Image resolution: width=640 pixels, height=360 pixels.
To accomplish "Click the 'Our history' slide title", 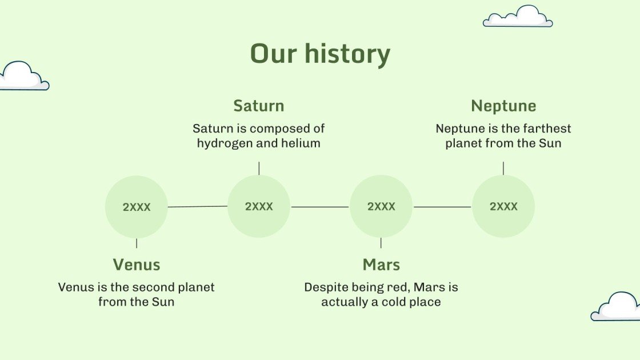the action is pyautogui.click(x=320, y=54).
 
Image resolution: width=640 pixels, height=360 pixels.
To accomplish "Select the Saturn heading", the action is pyautogui.click(x=259, y=106).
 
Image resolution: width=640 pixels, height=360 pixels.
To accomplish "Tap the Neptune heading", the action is pyautogui.click(x=503, y=106).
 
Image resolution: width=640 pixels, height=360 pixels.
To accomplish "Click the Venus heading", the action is pyautogui.click(x=137, y=265).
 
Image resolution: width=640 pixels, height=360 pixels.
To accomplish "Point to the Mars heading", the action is pyautogui.click(x=381, y=265).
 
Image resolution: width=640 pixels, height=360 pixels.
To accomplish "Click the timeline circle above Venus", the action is pyautogui.click(x=137, y=207).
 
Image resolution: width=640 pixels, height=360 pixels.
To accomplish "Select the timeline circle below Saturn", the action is pyautogui.click(x=259, y=206).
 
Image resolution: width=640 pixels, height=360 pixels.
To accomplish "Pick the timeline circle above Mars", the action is pyautogui.click(x=381, y=206).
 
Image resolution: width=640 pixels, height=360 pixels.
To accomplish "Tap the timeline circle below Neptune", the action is pyautogui.click(x=503, y=206).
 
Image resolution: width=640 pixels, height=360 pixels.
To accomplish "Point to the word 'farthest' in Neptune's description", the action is pyautogui.click(x=547, y=129).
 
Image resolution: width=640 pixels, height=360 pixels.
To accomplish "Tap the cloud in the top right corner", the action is pyautogui.click(x=518, y=17).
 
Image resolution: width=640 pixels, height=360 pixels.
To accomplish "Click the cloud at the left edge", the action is pyautogui.click(x=23, y=77).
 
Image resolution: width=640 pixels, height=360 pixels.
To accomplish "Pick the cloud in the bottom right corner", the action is pyautogui.click(x=616, y=306).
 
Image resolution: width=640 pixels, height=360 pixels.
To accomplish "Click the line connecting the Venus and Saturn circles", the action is pyautogui.click(x=198, y=206).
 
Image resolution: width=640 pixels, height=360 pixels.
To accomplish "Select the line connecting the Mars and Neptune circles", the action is pyautogui.click(x=442, y=207).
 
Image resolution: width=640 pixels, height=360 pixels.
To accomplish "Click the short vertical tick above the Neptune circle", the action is pyautogui.click(x=503, y=168).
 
